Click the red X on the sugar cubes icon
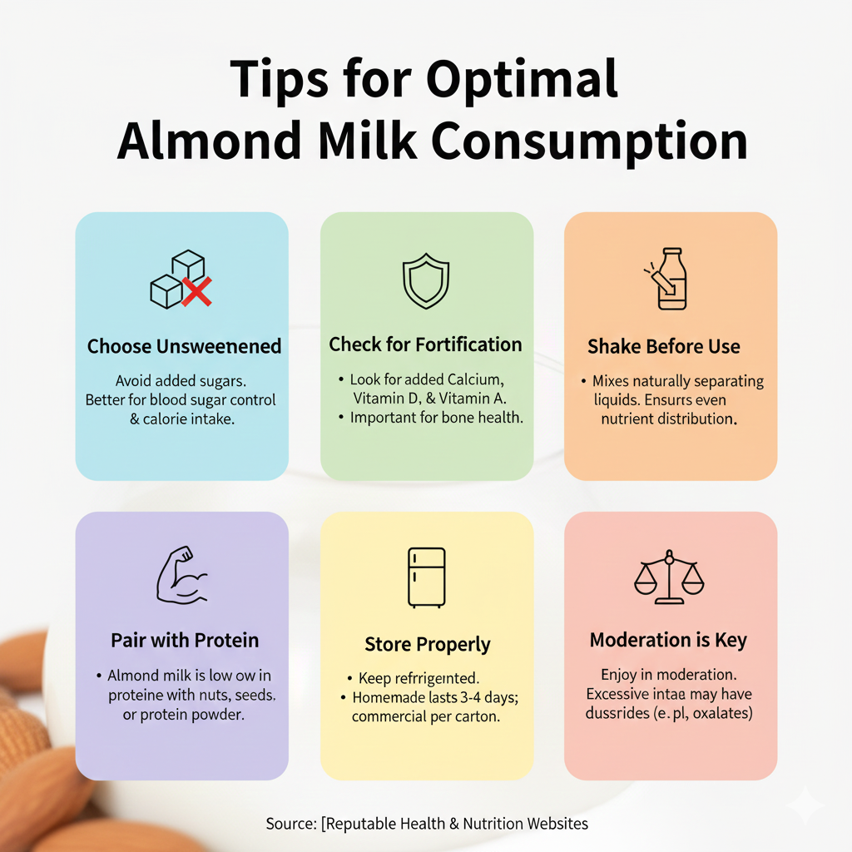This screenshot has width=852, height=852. coord(197,291)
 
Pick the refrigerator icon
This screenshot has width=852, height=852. coord(426,577)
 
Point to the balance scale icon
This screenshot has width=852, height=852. coord(669,577)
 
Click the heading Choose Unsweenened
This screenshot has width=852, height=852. coord(184,346)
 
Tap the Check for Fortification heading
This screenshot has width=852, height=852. coord(425,344)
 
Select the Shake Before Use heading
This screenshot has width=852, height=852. coord(663,346)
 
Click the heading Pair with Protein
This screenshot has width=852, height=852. coord(185,641)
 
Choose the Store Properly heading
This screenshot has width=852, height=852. coord(428,644)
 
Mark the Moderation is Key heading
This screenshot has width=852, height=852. coord(668,641)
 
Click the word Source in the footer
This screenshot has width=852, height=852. coord(289,824)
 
